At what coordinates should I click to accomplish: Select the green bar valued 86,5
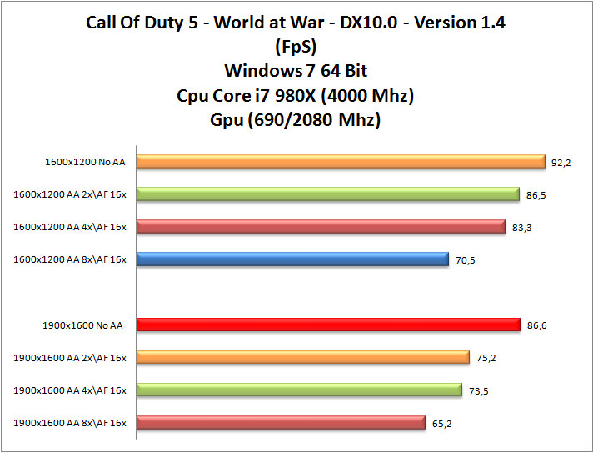(328, 194)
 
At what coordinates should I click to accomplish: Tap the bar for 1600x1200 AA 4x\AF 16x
(321, 227)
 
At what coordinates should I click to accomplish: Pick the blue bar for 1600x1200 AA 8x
(292, 259)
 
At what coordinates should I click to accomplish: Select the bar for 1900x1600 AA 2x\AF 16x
(303, 357)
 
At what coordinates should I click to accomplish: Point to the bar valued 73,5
(299, 390)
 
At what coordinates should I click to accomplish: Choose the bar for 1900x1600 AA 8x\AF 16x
(281, 422)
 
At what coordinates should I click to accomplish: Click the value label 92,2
(561, 163)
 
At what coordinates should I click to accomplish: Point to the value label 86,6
(537, 325)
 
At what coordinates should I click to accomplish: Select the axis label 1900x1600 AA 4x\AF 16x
(70, 390)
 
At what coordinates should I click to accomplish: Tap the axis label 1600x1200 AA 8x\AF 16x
(70, 260)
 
